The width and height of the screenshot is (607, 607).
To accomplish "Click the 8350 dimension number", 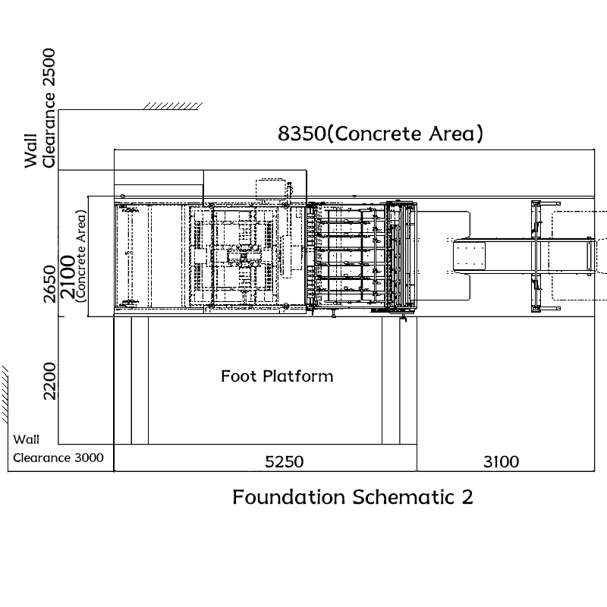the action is click(x=301, y=134).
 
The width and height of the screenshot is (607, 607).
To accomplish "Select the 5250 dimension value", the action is click(x=284, y=462).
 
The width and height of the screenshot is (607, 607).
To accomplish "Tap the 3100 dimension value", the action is click(x=502, y=462).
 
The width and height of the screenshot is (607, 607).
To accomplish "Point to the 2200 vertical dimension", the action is click(x=50, y=381).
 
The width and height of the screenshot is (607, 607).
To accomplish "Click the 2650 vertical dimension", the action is click(x=50, y=284).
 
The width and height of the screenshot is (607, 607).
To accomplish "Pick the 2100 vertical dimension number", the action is click(x=68, y=277).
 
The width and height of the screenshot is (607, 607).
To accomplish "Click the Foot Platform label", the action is click(x=277, y=376).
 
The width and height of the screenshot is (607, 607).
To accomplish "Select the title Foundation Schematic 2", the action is click(x=353, y=497).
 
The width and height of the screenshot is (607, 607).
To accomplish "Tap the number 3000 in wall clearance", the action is click(x=89, y=458).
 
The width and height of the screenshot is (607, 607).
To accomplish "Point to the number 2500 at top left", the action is click(x=49, y=67).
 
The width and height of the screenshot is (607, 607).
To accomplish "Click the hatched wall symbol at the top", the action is click(x=173, y=106).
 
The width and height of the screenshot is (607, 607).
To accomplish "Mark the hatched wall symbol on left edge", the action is click(x=5, y=394).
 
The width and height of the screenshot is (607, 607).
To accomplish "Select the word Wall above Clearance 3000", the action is click(x=26, y=440).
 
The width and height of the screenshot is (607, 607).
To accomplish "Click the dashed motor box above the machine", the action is click(x=271, y=190).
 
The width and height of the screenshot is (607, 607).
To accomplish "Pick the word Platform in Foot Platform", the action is click(x=297, y=376).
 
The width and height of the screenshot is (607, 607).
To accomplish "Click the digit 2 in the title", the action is click(x=467, y=498).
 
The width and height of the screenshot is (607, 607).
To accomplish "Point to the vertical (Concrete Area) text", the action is click(x=80, y=256).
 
